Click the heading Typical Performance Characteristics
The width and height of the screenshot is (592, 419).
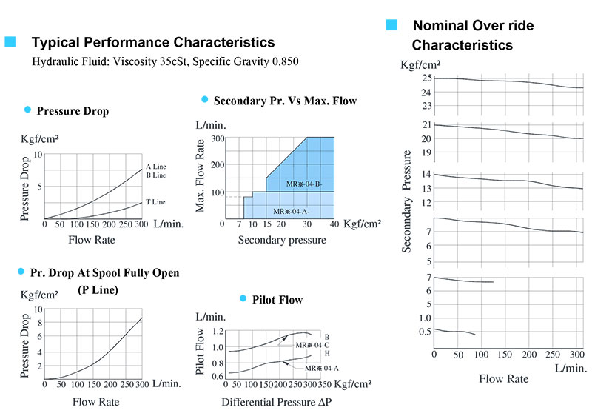tap(152, 43)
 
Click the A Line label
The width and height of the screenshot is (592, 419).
tap(156, 167)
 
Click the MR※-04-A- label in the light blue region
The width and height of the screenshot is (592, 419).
tap(293, 212)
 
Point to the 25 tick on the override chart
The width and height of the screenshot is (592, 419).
tap(426, 78)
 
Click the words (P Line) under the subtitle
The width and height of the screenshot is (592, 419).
tap(98, 289)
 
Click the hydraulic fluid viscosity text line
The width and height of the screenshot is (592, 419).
tap(166, 61)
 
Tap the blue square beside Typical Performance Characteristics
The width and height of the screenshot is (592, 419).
tap(10, 42)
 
